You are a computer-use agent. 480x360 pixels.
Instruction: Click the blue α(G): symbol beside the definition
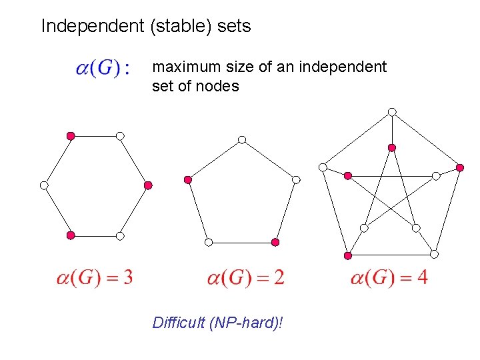103,69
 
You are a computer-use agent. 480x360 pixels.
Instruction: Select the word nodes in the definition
217,86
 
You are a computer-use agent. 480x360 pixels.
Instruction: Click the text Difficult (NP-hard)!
217,323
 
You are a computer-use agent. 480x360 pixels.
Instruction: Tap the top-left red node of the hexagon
71,136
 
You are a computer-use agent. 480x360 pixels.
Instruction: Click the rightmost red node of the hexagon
148,185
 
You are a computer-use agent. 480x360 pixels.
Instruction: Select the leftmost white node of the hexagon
44,185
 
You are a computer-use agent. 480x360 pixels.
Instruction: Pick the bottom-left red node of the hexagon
71,235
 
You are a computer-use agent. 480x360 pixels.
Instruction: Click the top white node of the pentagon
242,139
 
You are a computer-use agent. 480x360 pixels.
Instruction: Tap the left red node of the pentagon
188,180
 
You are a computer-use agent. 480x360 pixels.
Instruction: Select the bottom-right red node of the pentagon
275,242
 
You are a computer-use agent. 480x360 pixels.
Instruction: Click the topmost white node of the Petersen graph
393,111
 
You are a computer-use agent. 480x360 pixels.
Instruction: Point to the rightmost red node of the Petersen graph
461,167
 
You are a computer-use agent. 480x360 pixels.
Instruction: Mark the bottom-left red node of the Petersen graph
347,255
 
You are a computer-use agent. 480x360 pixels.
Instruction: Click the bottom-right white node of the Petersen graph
434,254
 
